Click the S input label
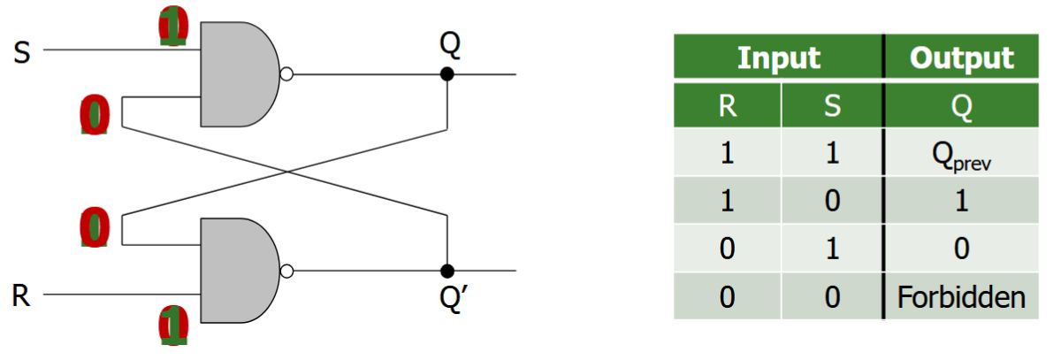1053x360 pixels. pyautogui.click(x=21, y=52)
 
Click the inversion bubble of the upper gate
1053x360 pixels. pyautogui.click(x=286, y=75)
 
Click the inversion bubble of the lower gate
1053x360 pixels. pyautogui.click(x=286, y=271)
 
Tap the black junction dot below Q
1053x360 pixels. pyautogui.click(x=447, y=75)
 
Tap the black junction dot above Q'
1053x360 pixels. pyautogui.click(x=447, y=271)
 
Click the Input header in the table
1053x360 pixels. pyautogui.click(x=778, y=58)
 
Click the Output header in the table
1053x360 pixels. pyautogui.click(x=961, y=58)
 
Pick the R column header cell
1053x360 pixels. pyautogui.click(x=727, y=106)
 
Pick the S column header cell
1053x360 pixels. pyautogui.click(x=831, y=106)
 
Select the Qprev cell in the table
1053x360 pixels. pyautogui.click(x=961, y=154)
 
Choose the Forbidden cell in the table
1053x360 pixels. pyautogui.click(x=961, y=296)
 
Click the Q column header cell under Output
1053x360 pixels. pyautogui.click(x=961, y=106)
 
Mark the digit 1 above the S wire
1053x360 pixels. pyautogui.click(x=173, y=27)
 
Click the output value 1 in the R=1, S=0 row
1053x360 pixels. pyautogui.click(x=961, y=201)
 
